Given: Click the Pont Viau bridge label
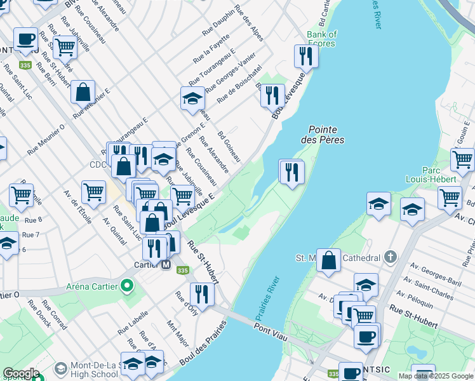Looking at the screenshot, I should (x=271, y=328).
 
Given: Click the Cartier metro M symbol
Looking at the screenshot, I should (x=166, y=265).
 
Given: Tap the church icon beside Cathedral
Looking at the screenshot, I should (x=391, y=258).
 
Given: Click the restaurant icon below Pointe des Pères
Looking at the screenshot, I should (x=291, y=171).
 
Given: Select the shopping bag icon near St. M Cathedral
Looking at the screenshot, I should (x=328, y=260).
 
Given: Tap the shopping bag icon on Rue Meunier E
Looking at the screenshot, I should (x=83, y=92).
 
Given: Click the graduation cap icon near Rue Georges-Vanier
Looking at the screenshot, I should (x=192, y=98).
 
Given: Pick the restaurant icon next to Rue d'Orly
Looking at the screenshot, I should (x=202, y=294).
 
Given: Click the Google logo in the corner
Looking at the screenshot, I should (x=22, y=373).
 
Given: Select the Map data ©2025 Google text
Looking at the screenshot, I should (x=436, y=377).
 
